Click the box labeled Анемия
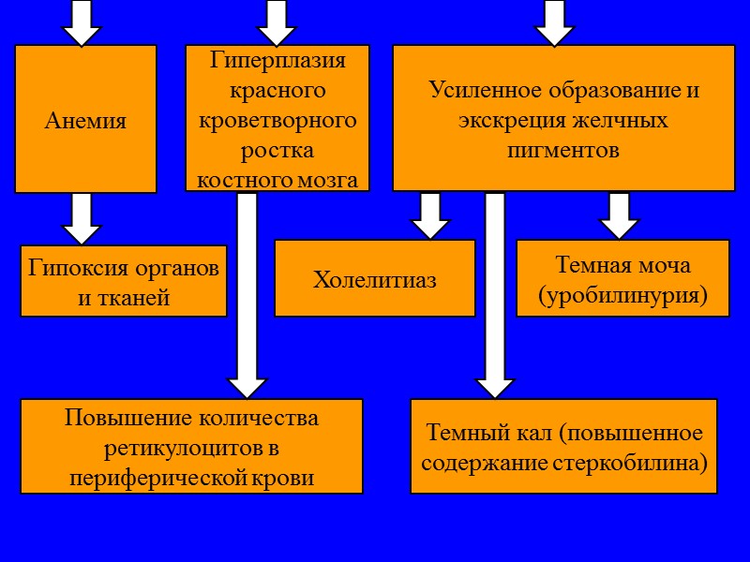pos(85,120)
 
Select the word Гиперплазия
pos(277,61)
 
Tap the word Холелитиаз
pos(374,279)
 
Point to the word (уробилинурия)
pos(622,296)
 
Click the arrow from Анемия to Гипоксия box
pos(82,218)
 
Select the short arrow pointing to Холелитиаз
pos(430,215)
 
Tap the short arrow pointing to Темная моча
pos(619,215)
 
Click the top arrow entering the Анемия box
pos(82,22)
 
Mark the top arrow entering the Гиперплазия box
pos(277,22)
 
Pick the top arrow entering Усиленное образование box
pos(554,22)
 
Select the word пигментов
pos(562,150)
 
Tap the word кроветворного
pos(277,120)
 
